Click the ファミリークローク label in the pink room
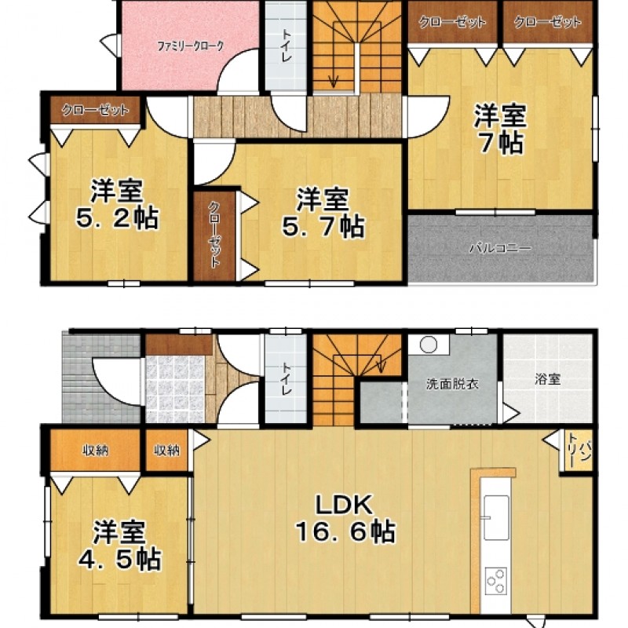click(x=190, y=46)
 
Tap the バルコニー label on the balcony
click(x=501, y=248)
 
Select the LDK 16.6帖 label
click(x=345, y=518)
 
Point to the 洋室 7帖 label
click(x=500, y=129)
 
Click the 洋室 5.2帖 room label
click(x=117, y=204)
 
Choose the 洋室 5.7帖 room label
click(x=323, y=213)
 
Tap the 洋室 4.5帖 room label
click(x=119, y=545)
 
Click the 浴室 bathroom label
click(x=547, y=379)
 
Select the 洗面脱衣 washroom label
click(x=452, y=385)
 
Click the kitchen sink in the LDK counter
click(x=496, y=517)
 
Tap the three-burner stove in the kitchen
click(x=496, y=581)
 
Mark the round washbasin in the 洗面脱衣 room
click(x=429, y=345)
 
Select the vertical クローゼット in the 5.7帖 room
click(x=214, y=236)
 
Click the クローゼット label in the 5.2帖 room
click(x=95, y=110)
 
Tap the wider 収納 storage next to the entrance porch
click(x=95, y=451)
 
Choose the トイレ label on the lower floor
click(x=286, y=378)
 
